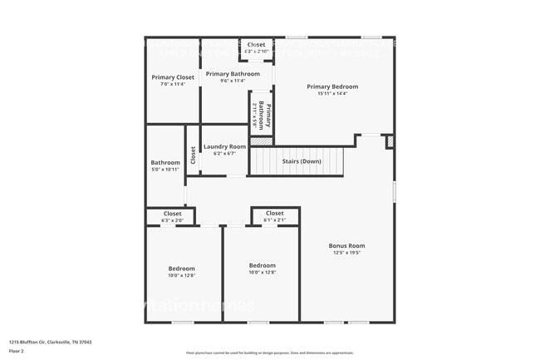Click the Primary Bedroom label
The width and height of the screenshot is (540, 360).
pyautogui.click(x=332, y=86)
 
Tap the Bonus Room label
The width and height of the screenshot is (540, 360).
pyautogui.click(x=346, y=246)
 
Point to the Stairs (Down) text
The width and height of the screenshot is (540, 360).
pyautogui.click(x=297, y=161)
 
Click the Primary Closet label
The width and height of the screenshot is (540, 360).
pyautogui.click(x=173, y=77)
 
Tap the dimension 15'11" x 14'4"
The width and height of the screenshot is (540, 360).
pyautogui.click(x=332, y=93)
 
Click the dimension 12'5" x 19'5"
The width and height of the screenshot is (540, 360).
pyautogui.click(x=346, y=253)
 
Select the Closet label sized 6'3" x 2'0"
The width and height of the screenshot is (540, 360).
pyautogui.click(x=172, y=214)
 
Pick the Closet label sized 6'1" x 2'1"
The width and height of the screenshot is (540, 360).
pyautogui.click(x=274, y=213)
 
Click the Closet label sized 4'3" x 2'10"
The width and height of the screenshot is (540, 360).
pyautogui.click(x=256, y=45)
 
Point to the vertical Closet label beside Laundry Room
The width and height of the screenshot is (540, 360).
pyautogui.click(x=193, y=155)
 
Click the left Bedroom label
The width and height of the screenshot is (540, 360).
pyautogui.click(x=182, y=269)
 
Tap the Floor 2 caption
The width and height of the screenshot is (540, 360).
pyautogui.click(x=17, y=351)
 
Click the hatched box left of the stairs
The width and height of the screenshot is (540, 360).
pyautogui.click(x=262, y=141)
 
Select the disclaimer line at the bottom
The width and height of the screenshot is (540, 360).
pyautogui.click(x=269, y=353)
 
